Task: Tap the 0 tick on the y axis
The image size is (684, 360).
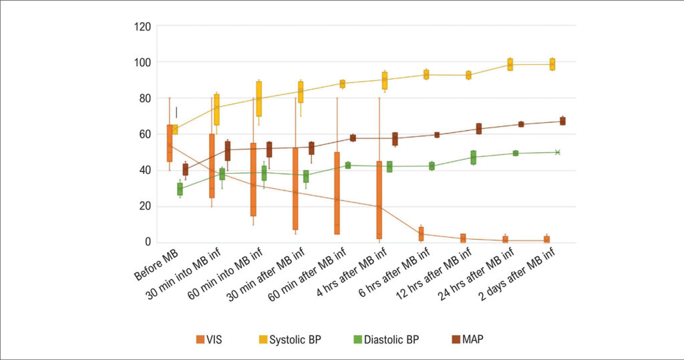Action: coord(149,242)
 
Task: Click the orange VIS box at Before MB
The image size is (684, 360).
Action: coord(170,143)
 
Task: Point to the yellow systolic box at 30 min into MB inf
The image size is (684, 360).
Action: coord(216,110)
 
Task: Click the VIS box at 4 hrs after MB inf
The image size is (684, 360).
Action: coord(379,200)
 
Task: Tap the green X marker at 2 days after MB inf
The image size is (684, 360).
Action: coord(557,152)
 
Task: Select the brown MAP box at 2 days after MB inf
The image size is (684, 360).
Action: coord(562,121)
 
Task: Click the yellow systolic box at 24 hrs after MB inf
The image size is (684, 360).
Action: coord(510,64)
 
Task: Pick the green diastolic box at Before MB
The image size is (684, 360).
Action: coord(180,189)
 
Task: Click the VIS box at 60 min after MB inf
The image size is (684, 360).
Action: coord(337,193)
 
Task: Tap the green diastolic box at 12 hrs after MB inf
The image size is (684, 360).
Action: coord(473,158)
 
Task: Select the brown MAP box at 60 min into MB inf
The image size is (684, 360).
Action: coord(269,150)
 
